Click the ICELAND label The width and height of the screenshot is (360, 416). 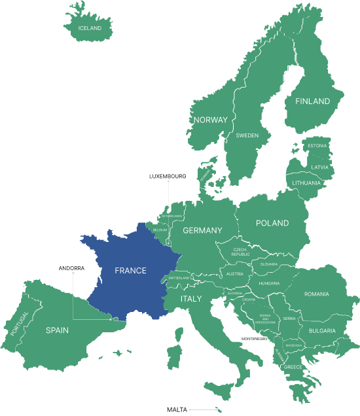point(90,28)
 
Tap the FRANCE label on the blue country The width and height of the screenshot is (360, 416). point(130,270)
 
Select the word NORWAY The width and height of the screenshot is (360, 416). point(210,120)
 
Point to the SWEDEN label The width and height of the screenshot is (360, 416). point(247,135)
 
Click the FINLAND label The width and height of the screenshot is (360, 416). point(312,101)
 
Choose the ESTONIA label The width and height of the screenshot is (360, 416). point(317,145)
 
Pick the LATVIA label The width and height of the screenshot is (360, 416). point(319,167)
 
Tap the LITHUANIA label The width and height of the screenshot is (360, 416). point(306,182)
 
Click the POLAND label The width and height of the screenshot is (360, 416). point(272,223)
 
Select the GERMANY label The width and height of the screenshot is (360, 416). point(202,230)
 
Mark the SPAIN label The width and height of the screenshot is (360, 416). point(57,330)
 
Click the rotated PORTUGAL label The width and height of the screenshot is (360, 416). point(20,324)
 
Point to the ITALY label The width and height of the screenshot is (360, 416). point(191,298)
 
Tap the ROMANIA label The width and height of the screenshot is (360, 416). point(316,294)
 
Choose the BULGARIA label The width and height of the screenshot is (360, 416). point(322,330)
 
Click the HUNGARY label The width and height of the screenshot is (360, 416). point(269,283)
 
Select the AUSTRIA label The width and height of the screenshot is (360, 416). point(234,274)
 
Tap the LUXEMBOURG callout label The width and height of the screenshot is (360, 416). point(168,176)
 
